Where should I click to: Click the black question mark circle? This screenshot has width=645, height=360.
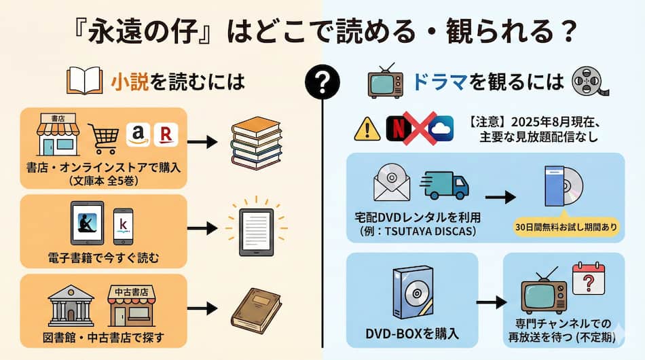[322, 82]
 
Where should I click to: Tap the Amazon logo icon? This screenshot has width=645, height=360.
[139, 134]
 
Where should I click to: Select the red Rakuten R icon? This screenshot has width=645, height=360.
[165, 134]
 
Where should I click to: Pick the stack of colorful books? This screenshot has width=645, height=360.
[255, 143]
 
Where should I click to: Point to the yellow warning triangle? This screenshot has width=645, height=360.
[367, 128]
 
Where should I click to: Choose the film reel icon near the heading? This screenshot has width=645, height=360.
[588, 82]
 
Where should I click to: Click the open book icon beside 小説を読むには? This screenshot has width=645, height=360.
[86, 82]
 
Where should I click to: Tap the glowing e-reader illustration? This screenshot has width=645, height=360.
[255, 228]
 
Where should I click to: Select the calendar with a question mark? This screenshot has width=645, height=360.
[587, 278]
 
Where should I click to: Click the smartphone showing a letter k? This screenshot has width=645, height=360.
[123, 226]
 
